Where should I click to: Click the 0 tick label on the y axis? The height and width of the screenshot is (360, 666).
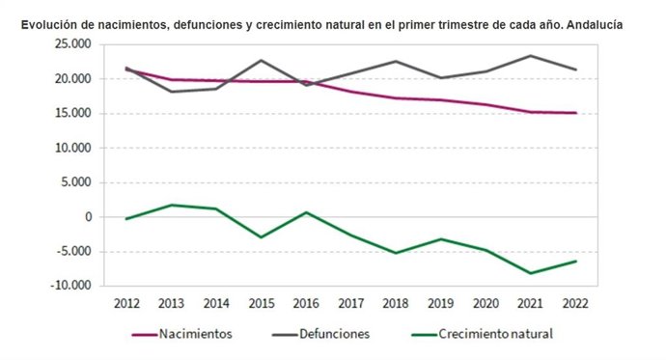(x=87, y=217)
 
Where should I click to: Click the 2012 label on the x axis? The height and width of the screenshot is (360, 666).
(x=126, y=303)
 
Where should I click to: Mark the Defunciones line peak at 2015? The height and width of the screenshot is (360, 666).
(x=262, y=60)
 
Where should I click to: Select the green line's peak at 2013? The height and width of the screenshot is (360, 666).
(x=172, y=205)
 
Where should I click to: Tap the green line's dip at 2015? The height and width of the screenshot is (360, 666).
(x=262, y=237)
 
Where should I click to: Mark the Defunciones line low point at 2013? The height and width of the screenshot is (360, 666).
(x=172, y=92)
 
